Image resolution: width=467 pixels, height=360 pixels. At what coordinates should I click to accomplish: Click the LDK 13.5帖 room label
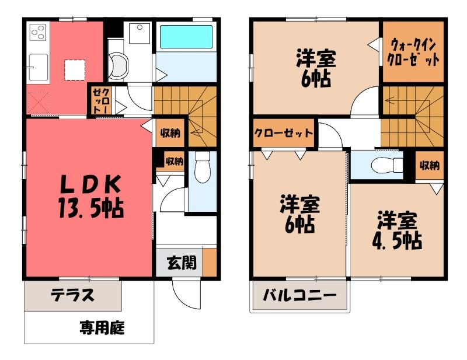90,197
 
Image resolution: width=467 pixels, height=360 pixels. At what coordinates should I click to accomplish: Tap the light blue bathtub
186,37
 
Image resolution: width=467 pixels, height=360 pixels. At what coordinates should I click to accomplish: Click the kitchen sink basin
38,67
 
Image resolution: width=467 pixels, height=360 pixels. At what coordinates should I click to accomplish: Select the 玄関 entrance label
182,263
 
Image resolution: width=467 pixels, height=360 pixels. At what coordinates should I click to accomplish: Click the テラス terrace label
72,295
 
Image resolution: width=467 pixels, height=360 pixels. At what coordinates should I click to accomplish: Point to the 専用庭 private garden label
102,327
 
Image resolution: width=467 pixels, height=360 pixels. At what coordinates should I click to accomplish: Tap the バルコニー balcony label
299,295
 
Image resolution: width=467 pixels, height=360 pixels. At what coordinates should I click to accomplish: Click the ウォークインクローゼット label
413,53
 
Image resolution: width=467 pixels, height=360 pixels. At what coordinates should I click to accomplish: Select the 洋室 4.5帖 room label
397,230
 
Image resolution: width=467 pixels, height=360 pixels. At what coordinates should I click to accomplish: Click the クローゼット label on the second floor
283,133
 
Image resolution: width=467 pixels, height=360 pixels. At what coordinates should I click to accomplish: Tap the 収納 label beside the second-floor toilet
430,165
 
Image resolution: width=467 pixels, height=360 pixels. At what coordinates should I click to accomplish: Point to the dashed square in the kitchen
75,70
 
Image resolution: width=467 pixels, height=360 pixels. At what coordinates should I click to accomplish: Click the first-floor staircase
185,116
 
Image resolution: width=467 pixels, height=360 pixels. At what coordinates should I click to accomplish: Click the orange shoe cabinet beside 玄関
210,262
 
